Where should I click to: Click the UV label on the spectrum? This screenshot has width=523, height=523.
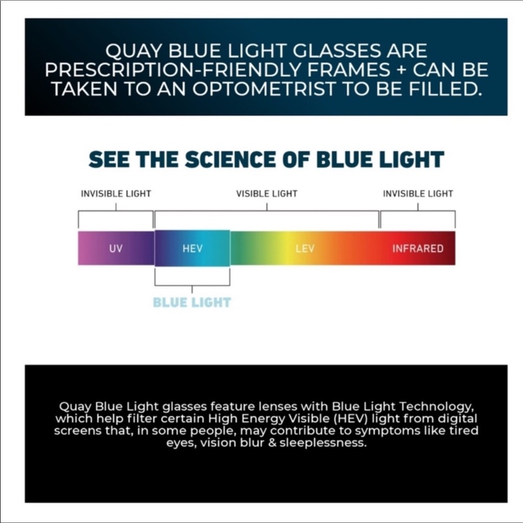pyautogui.click(x=116, y=248)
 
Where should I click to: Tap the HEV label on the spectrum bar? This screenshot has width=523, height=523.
pyautogui.click(x=192, y=248)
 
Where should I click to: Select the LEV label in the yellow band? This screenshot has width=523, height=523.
pyautogui.click(x=305, y=248)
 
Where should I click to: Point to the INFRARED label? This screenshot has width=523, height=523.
pyautogui.click(x=417, y=248)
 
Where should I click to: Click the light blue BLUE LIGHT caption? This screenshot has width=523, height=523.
pyautogui.click(x=192, y=302)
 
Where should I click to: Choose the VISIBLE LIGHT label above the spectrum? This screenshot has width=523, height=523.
pyautogui.click(x=267, y=194)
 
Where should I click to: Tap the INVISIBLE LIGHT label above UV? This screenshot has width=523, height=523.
pyautogui.click(x=116, y=194)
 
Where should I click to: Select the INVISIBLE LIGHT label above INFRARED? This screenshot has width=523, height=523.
pyautogui.click(x=418, y=194)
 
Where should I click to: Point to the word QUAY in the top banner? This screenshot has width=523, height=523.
pyautogui.click(x=129, y=51)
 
